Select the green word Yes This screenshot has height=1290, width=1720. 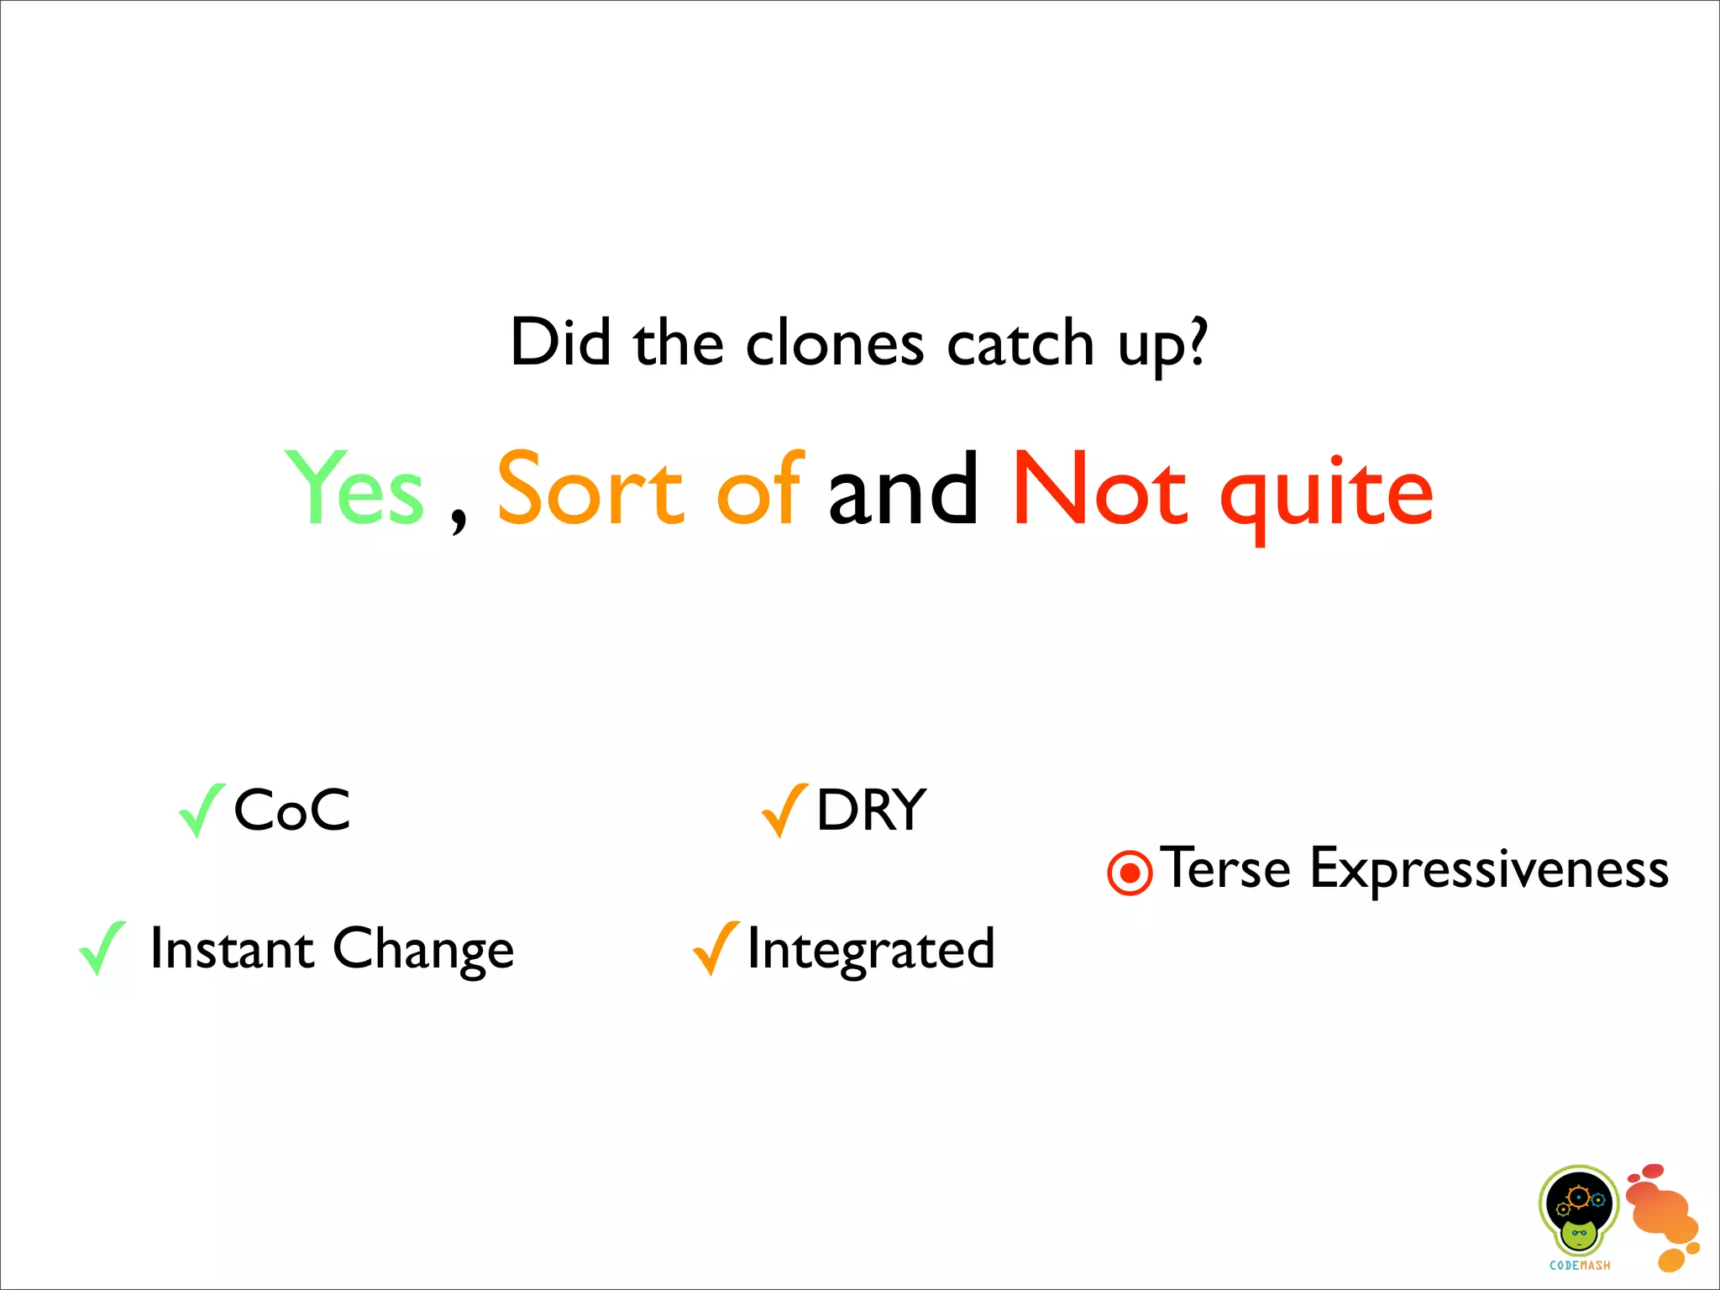click(355, 488)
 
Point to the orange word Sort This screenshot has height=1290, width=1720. click(590, 488)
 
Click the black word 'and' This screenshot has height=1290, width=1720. click(903, 490)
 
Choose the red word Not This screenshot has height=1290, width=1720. click(1099, 488)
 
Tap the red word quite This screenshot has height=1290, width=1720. click(1326, 496)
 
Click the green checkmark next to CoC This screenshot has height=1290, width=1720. click(201, 810)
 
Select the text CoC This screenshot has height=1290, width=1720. click(291, 810)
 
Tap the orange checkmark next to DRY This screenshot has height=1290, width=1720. click(784, 810)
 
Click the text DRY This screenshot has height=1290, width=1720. click(871, 810)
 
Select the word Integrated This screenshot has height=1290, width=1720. click(871, 949)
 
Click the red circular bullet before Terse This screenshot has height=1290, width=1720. click(1130, 873)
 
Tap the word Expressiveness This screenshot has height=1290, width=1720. click(1488, 870)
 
